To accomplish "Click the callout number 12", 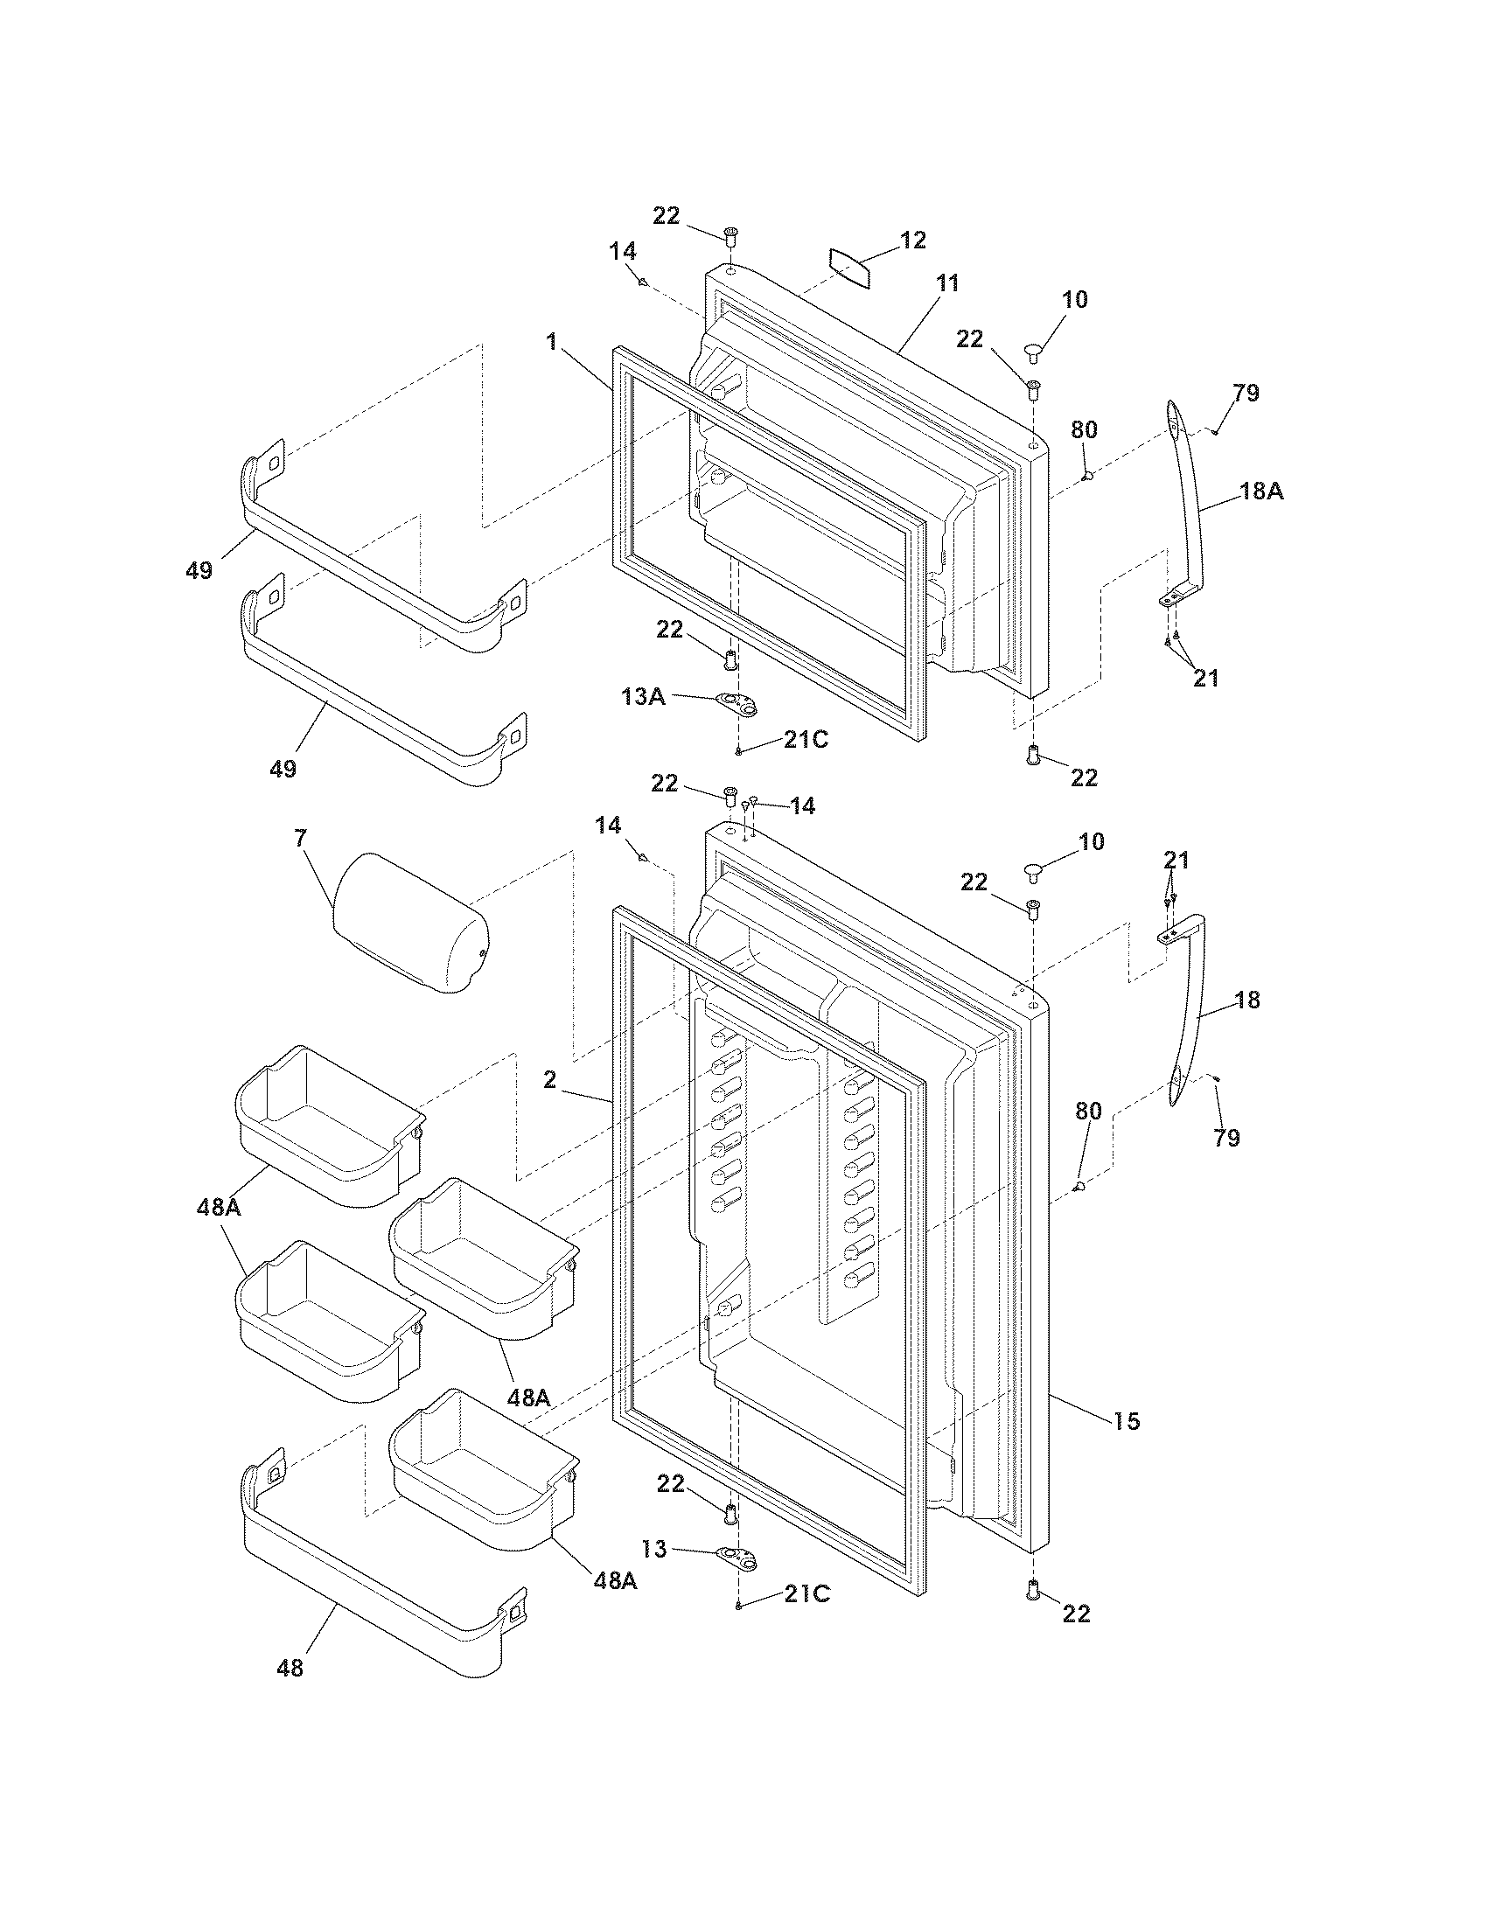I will pos(913,240).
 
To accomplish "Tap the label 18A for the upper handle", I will pos(1261,492).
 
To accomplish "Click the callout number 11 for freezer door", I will pos(947,283).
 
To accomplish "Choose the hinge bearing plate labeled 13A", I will pos(737,703).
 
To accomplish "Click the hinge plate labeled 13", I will pos(737,1558).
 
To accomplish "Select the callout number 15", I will pos(1127,1420).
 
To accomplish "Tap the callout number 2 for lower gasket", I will pos(549,1080).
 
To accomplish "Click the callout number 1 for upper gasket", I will pos(552,342).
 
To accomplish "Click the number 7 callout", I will pos(301,838).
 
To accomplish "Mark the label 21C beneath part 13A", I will pos(806,740).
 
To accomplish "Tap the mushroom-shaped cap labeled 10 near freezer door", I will pos(1033,353).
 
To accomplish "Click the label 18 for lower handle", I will pos(1247,1000).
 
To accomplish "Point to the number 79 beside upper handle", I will pos(1246,393).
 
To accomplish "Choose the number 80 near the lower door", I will pos(1089,1112).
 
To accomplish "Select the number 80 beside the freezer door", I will pos(1084,430).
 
